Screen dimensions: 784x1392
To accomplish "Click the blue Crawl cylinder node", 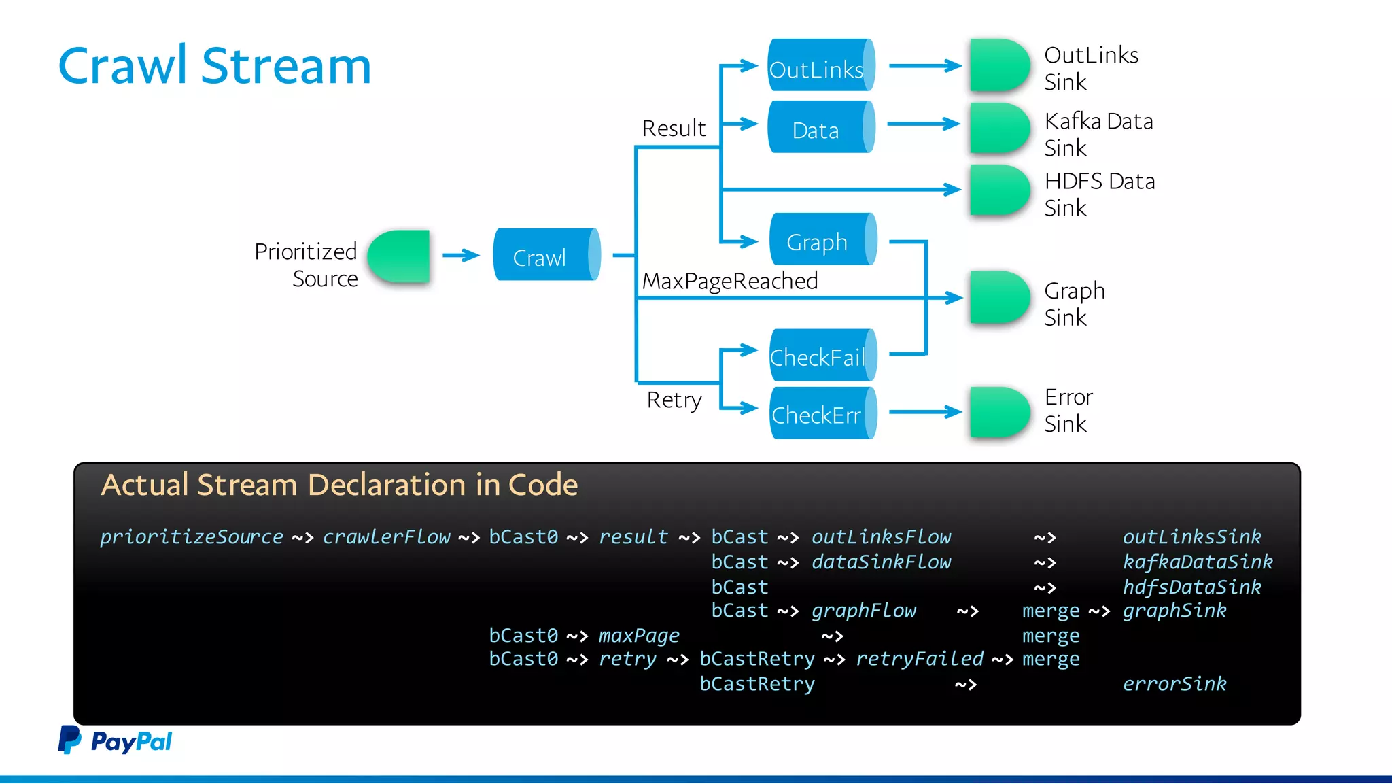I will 546,255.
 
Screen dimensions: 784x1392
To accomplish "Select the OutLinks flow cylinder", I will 820,66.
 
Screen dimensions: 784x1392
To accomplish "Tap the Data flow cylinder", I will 820,127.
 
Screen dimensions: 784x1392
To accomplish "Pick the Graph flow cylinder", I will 822,239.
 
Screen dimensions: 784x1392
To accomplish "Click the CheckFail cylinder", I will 822,355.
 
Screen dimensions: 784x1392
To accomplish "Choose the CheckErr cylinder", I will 822,413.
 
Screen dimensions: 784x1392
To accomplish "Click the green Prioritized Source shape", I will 400,256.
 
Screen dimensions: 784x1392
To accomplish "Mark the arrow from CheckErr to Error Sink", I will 925,411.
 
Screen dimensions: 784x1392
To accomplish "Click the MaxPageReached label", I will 729,281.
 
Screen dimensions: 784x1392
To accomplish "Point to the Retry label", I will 674,400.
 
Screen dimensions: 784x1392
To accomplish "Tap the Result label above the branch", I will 674,128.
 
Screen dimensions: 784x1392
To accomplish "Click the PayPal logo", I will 115,740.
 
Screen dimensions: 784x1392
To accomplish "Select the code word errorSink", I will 1174,683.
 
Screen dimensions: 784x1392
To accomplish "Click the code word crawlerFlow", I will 386,536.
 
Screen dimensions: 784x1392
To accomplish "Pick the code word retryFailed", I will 919,658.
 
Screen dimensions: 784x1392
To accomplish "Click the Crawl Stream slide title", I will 215,66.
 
